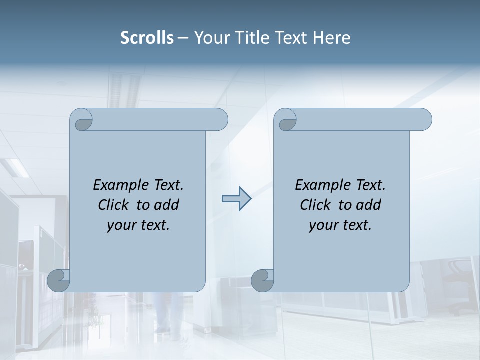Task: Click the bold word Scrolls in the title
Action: [147, 38]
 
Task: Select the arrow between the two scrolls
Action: [236, 199]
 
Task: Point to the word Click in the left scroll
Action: [114, 205]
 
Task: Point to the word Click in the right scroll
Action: [316, 205]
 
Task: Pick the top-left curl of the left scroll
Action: [82, 120]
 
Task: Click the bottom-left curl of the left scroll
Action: [59, 280]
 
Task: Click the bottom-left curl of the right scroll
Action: [262, 280]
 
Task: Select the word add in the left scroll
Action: [167, 205]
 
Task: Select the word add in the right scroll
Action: [369, 205]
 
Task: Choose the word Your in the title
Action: [210, 38]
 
